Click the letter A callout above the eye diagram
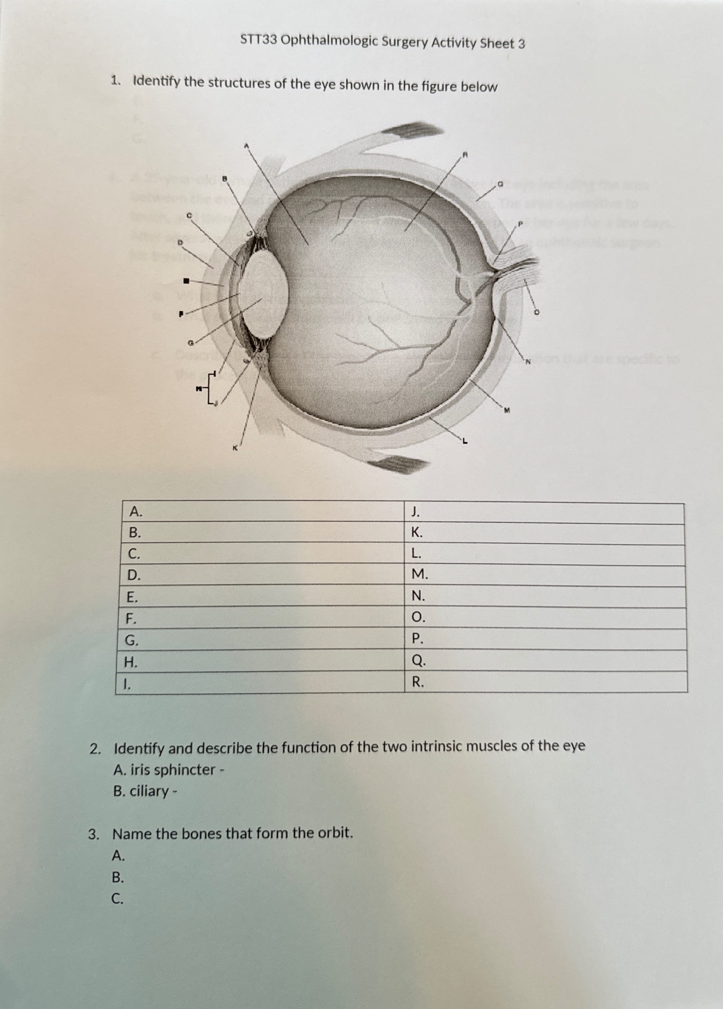[246, 145]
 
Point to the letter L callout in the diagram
[465, 441]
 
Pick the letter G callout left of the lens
[190, 343]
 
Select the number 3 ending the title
[521, 44]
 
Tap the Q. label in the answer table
[418, 662]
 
